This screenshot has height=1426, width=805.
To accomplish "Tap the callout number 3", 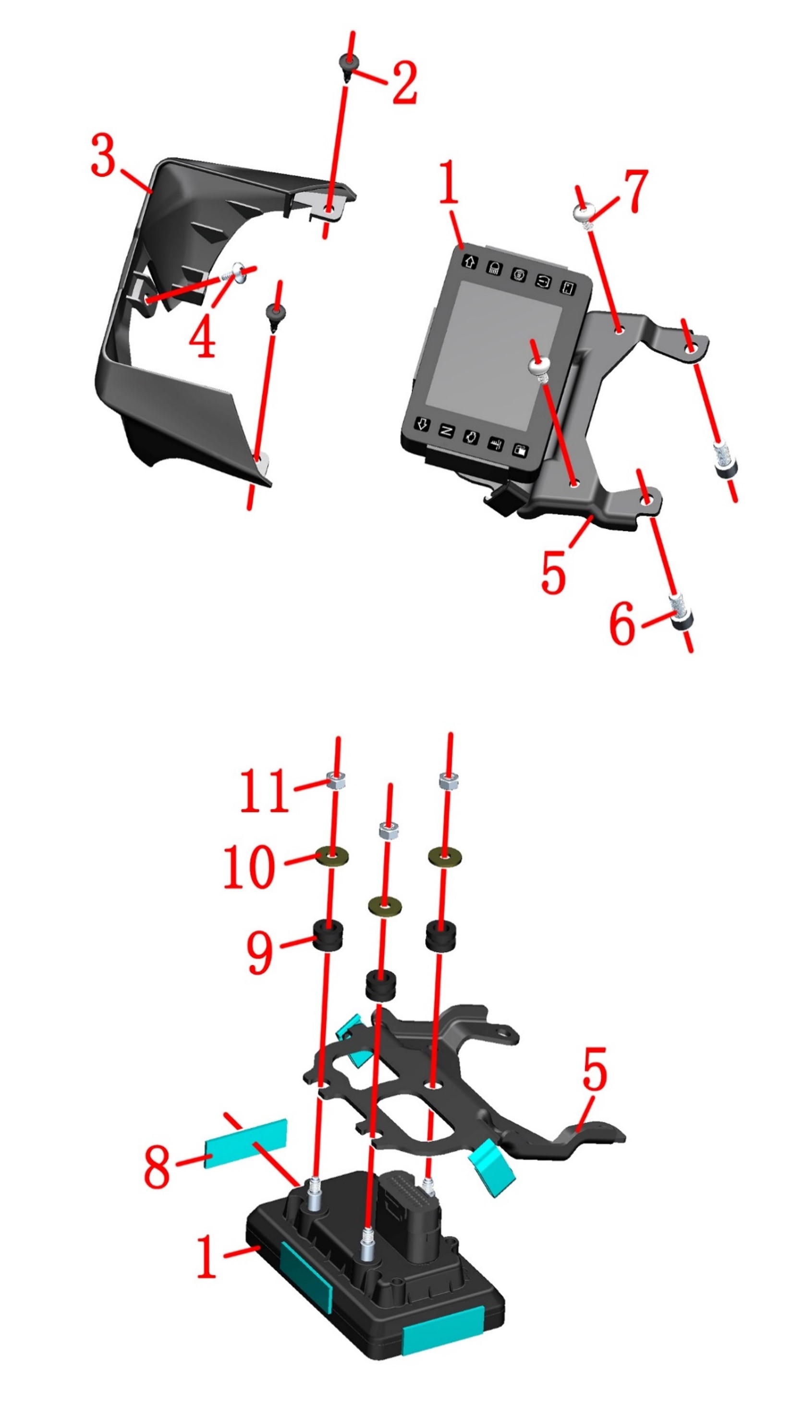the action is [103, 156].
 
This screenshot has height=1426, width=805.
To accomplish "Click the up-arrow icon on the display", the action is [470, 261].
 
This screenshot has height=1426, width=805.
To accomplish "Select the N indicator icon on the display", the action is [446, 430].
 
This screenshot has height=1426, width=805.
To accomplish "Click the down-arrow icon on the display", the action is [422, 425].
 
